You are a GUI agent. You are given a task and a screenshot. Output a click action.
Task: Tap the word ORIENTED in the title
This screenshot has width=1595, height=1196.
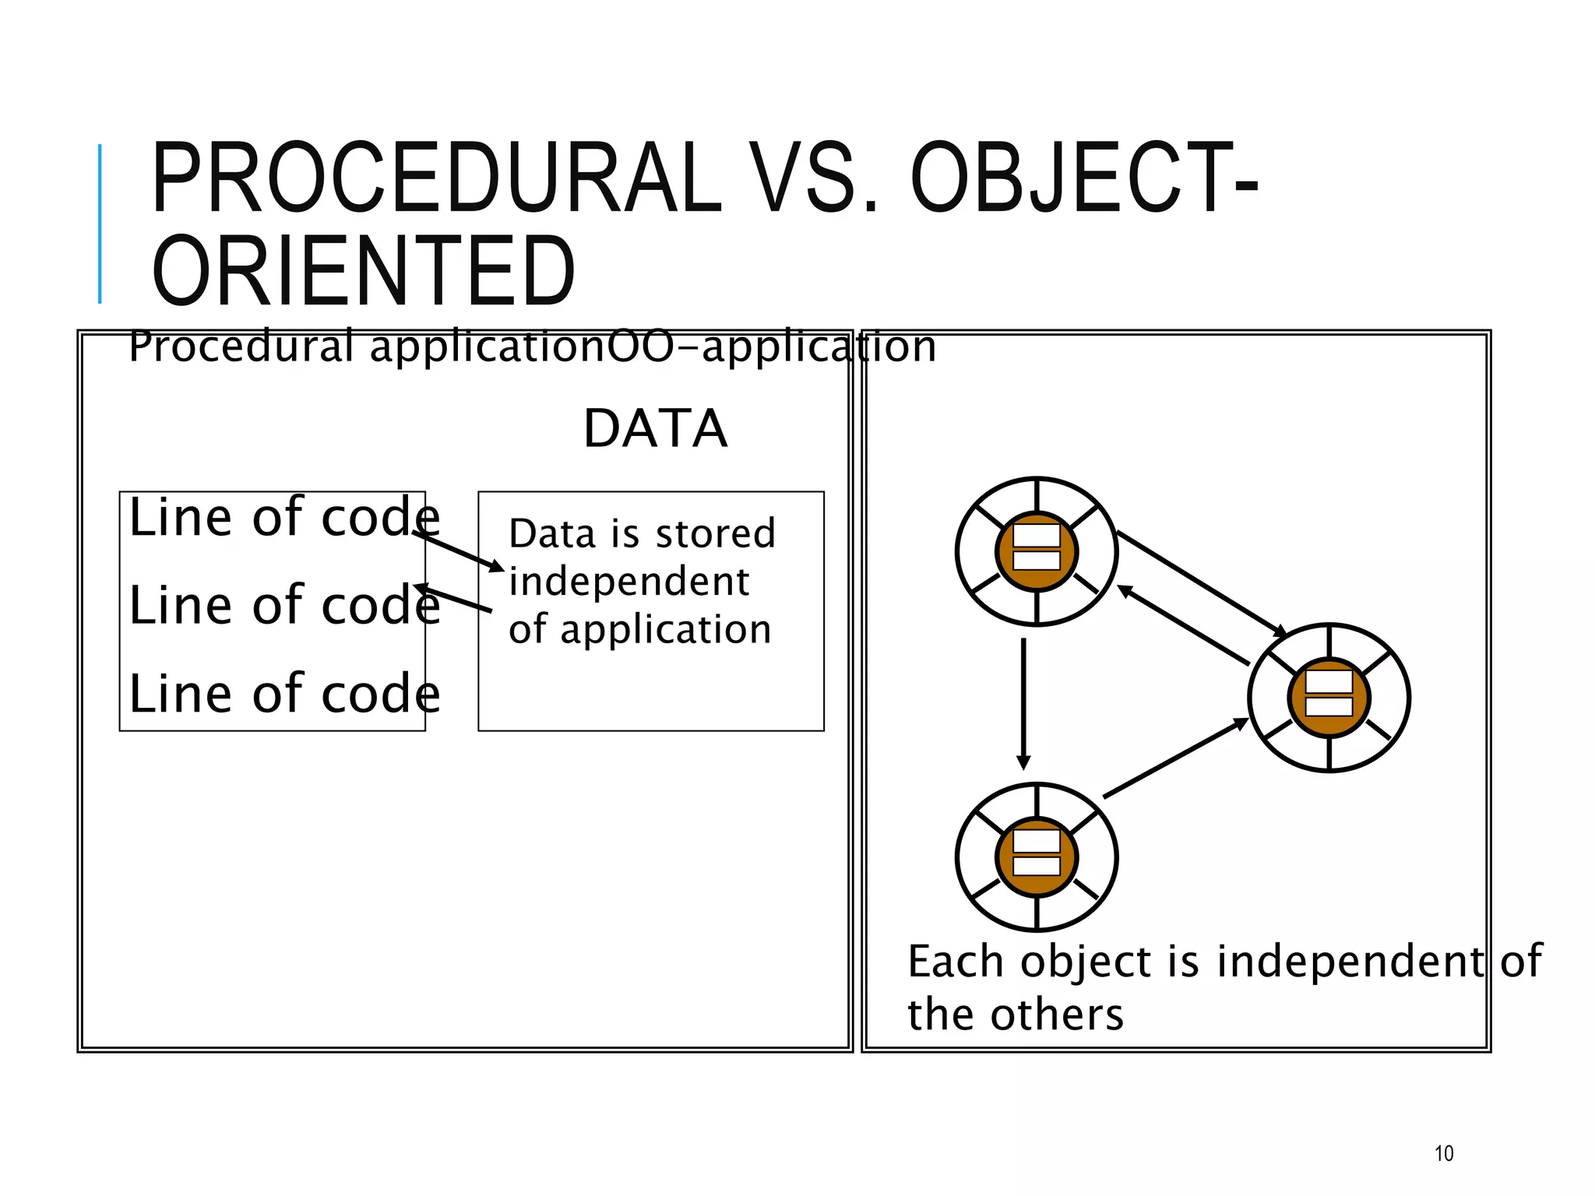point(364,272)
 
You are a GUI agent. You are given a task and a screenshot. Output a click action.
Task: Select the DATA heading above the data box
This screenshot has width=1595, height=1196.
point(655,429)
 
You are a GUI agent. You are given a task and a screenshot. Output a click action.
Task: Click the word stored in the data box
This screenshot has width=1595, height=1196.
point(715,534)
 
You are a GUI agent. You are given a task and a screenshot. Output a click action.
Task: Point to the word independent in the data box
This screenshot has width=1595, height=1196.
point(628,582)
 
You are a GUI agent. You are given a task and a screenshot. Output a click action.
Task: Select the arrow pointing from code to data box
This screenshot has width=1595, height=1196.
point(459,551)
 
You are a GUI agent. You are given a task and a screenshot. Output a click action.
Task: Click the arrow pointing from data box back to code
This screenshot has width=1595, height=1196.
point(453,599)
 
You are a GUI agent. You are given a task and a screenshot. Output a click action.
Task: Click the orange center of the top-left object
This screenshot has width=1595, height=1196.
point(1037,551)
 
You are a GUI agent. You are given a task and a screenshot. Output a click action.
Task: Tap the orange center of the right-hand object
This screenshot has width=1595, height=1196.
point(1329,698)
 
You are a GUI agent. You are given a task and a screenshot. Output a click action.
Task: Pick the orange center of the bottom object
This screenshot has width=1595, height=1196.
point(1037,857)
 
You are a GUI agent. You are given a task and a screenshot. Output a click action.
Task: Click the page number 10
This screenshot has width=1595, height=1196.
point(1443,1153)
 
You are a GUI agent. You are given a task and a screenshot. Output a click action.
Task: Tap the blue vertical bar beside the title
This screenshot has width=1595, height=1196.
point(100,223)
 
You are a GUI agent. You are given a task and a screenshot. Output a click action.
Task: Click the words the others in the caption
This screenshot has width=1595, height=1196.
point(1015,1015)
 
